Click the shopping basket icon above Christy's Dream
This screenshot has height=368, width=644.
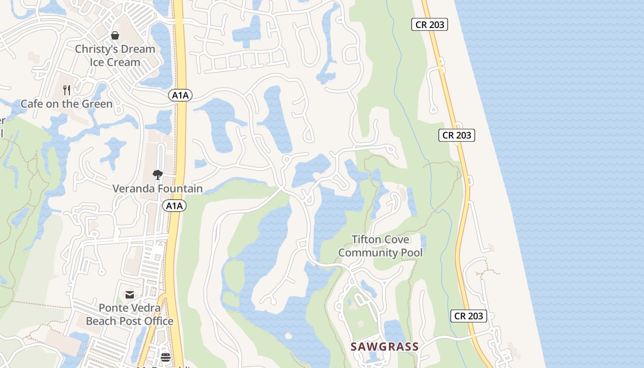click(x=115, y=35)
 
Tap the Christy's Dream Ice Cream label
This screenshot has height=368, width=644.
click(x=115, y=56)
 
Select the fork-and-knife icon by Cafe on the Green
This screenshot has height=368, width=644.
click(x=67, y=90)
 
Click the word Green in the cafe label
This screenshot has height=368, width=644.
click(x=97, y=104)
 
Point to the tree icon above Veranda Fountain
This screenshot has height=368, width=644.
click(x=158, y=175)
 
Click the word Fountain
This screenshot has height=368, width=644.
click(x=179, y=189)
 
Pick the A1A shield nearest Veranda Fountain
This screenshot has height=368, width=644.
click(x=174, y=206)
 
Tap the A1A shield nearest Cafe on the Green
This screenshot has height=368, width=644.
click(x=180, y=95)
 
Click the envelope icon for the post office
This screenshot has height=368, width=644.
click(x=130, y=294)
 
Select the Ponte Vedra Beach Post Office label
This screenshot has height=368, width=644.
click(x=130, y=315)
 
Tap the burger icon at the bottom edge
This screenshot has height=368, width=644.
click(x=166, y=357)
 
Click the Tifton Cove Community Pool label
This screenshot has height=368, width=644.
click(x=380, y=246)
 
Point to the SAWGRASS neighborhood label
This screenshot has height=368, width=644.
click(x=385, y=347)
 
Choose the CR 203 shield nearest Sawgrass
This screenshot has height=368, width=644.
click(x=469, y=316)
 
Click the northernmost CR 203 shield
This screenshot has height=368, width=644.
click(x=430, y=25)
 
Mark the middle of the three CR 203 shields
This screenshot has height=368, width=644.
click(x=456, y=135)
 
